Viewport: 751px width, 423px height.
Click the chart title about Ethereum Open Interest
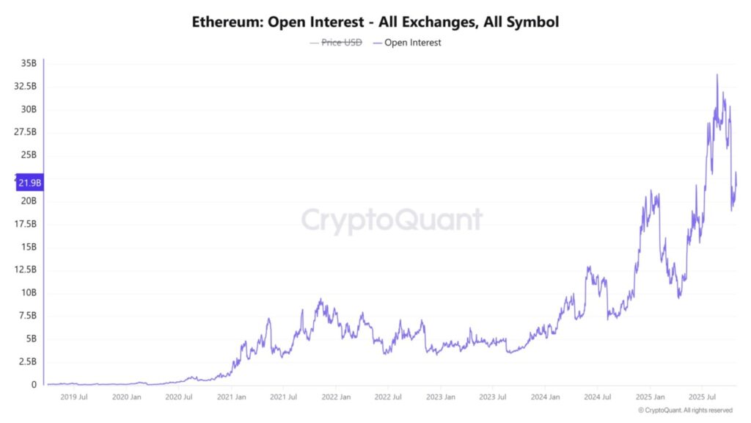(375, 22)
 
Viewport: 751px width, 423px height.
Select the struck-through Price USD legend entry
(341, 43)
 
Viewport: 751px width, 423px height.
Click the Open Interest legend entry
(412, 43)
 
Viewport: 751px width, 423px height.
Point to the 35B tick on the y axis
(28, 64)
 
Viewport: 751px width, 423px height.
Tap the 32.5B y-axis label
(25, 87)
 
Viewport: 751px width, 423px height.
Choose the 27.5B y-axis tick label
(25, 132)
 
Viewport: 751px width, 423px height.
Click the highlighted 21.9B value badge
(29, 183)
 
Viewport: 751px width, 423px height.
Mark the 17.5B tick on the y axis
(25, 224)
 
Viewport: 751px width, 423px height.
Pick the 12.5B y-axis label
(25, 270)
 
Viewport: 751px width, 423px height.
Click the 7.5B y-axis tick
(27, 316)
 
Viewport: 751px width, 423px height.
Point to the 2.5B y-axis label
(27, 361)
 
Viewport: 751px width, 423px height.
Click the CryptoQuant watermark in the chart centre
(392, 220)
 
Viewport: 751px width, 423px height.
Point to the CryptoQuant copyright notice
(684, 410)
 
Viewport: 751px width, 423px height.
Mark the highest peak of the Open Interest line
(717, 74)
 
